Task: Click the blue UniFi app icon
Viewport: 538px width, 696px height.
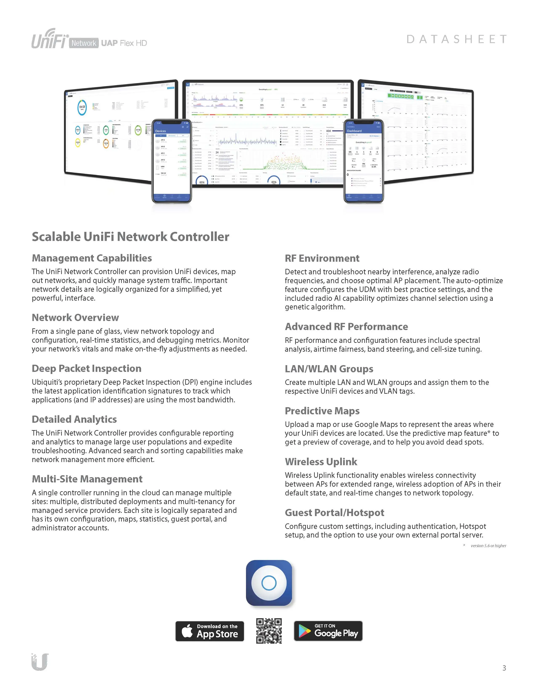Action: (x=269, y=583)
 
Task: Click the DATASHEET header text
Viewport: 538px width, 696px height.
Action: (x=456, y=39)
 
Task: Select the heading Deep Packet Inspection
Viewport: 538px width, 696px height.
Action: (x=86, y=368)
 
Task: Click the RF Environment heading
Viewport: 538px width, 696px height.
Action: (x=322, y=258)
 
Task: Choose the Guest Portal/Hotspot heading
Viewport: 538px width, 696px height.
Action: (x=334, y=512)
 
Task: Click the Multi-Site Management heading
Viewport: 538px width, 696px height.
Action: (x=87, y=479)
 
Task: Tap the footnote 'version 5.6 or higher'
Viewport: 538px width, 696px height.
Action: (x=488, y=545)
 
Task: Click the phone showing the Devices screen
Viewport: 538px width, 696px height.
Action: (x=172, y=161)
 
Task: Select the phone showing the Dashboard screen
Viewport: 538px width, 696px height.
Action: (x=364, y=161)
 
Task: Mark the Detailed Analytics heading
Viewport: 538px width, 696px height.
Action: (x=74, y=419)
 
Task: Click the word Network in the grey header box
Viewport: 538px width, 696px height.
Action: (x=83, y=43)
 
